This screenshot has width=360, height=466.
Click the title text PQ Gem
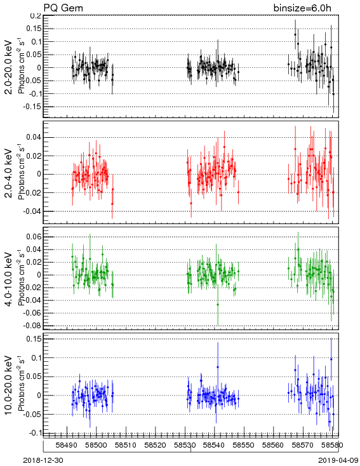(63, 8)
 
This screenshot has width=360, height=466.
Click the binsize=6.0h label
(302, 8)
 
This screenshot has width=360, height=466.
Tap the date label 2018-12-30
(43, 460)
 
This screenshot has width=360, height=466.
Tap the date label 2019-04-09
(338, 460)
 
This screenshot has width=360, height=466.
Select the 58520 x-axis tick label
(155, 445)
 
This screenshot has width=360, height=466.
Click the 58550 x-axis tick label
(244, 445)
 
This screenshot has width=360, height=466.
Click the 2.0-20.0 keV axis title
(9, 67)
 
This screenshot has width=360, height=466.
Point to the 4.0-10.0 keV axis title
(9, 279)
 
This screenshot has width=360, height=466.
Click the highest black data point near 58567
(295, 34)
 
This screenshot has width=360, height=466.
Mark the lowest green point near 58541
(218, 304)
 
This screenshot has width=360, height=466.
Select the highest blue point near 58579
(331, 359)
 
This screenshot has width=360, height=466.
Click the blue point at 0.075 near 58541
(218, 367)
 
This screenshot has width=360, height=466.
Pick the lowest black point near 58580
(333, 94)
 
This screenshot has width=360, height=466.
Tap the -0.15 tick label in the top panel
(33, 107)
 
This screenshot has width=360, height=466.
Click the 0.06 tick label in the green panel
(34, 237)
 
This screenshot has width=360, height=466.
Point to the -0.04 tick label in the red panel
(32, 211)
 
